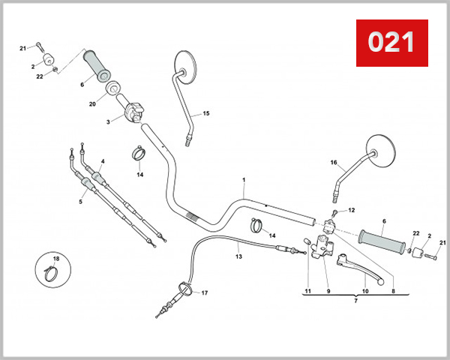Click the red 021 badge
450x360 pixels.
(x=391, y=41)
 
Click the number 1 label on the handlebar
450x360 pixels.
(x=244, y=181)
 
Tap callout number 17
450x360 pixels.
(x=205, y=292)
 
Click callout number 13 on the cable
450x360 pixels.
(x=238, y=256)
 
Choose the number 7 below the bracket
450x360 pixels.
(x=355, y=301)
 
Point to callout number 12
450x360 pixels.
(x=352, y=210)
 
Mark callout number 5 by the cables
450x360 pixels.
(x=81, y=202)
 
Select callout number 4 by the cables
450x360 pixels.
(x=102, y=161)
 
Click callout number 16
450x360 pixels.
(x=334, y=161)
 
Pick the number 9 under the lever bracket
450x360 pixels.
(x=328, y=290)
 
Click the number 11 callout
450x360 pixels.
(x=307, y=290)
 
